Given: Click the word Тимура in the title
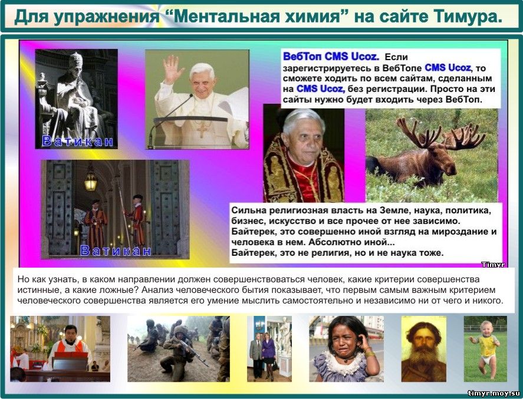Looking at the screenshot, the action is (x=468, y=17).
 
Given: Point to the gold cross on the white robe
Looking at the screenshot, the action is (x=202, y=129).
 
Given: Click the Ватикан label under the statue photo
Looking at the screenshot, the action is (x=77, y=141).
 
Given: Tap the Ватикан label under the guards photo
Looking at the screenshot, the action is (x=116, y=250).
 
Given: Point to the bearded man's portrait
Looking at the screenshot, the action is (x=423, y=349).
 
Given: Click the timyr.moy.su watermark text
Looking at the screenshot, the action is (x=494, y=393).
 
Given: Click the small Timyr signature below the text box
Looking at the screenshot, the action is (x=493, y=265).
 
